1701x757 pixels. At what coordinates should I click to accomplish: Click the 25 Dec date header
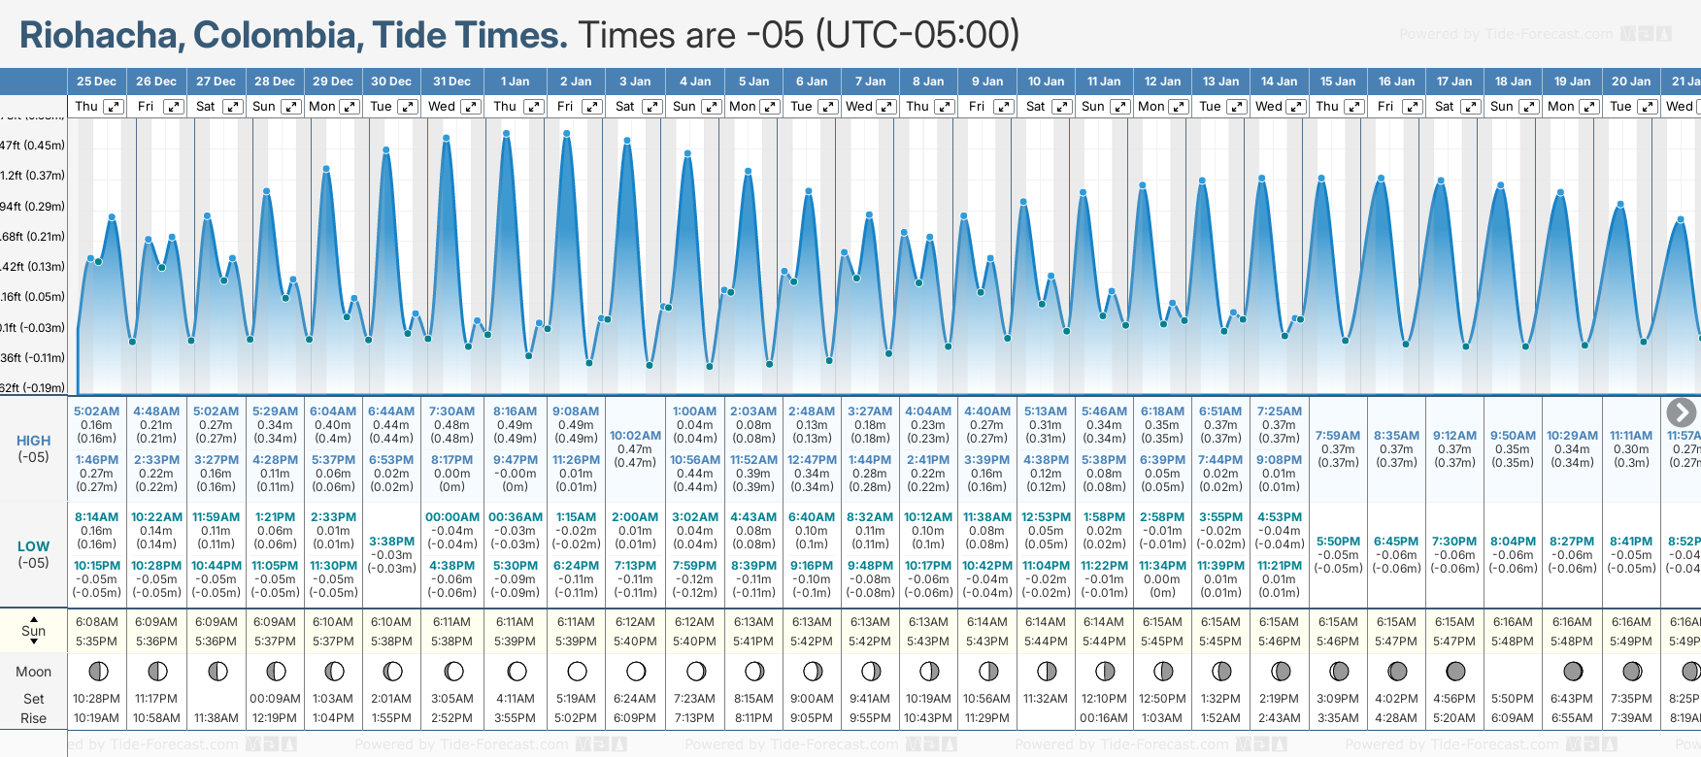[96, 82]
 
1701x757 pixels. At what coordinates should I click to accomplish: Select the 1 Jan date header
[515, 82]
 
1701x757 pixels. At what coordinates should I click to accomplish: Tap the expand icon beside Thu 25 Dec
[114, 107]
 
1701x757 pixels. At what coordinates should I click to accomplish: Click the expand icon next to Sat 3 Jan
[652, 107]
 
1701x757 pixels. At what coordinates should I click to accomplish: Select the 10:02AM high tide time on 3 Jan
[635, 436]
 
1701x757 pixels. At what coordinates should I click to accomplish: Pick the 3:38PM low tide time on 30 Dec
[391, 542]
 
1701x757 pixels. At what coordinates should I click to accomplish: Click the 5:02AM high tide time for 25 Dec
[96, 411]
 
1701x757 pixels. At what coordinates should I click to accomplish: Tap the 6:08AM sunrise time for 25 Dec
[96, 622]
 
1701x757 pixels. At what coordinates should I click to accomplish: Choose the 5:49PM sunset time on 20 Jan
[1631, 642]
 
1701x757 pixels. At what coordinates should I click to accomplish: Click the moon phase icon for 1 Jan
[517, 671]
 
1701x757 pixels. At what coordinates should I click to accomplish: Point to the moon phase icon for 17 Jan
[1455, 671]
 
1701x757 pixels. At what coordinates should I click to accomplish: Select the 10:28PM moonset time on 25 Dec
[96, 699]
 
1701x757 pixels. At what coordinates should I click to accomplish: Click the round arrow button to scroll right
[1681, 412]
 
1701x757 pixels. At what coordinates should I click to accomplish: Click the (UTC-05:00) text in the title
[917, 36]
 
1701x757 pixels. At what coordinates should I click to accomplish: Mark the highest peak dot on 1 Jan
[507, 133]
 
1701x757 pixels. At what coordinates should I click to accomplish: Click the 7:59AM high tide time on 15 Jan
[1338, 436]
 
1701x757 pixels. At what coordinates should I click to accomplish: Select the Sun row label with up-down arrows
[33, 631]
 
